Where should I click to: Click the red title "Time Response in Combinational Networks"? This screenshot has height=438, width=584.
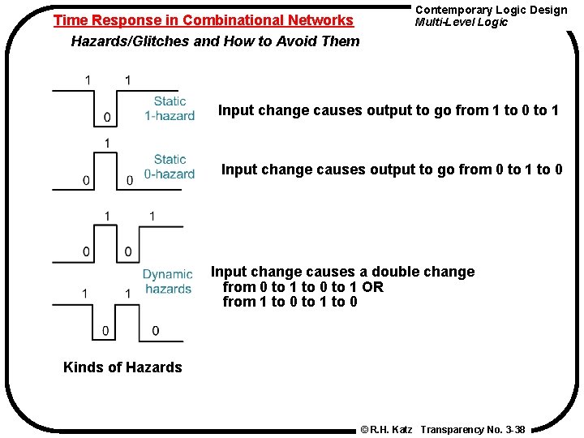(204, 20)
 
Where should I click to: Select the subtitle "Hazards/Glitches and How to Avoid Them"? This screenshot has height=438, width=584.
(215, 41)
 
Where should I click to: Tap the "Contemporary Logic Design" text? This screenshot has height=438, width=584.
(491, 10)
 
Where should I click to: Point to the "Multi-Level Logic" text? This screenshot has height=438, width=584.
(461, 22)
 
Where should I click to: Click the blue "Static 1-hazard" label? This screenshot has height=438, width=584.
(170, 109)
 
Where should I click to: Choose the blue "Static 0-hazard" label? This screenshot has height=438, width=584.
(170, 167)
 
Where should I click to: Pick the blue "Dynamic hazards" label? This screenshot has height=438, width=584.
(168, 281)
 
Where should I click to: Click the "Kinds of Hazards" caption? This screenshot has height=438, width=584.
(122, 367)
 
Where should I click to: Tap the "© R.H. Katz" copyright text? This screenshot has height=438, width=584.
(386, 428)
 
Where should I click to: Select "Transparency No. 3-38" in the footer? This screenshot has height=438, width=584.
(473, 428)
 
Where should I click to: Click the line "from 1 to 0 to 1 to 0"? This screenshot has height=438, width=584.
(290, 303)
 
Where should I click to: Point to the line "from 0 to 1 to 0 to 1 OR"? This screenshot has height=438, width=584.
(303, 287)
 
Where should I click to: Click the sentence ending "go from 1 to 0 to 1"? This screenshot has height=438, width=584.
(389, 110)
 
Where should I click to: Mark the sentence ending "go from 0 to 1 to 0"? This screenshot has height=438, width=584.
(391, 170)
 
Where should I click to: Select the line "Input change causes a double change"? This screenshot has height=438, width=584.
(343, 272)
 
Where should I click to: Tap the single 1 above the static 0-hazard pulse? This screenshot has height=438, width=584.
(107, 144)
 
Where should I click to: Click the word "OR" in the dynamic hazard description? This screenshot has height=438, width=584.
(373, 287)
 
